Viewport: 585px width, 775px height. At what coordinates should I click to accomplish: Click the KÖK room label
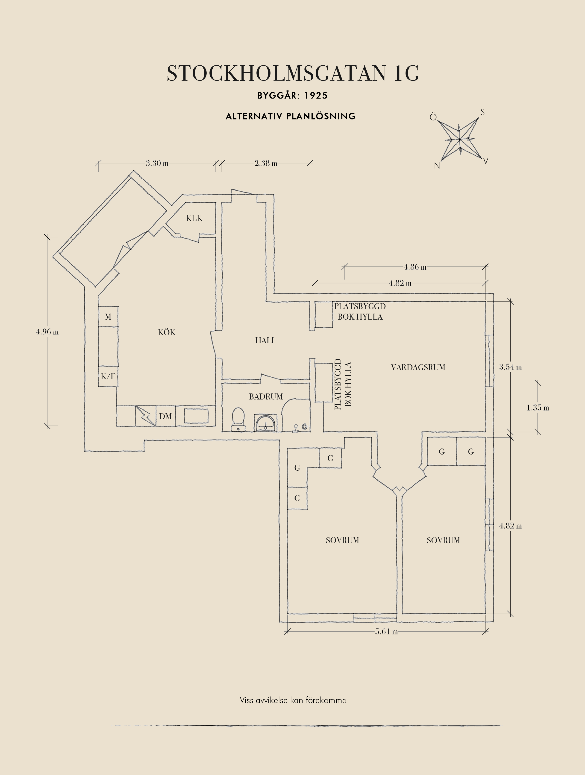coord(167,332)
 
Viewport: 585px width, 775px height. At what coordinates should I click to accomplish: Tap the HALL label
coord(266,340)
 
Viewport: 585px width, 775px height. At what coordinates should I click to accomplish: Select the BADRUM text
coord(266,397)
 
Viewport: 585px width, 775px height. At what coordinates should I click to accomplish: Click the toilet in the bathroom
coord(238,418)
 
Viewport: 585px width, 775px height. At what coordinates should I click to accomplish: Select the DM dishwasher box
coord(165,416)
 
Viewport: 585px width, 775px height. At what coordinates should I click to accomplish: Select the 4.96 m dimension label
coord(47,332)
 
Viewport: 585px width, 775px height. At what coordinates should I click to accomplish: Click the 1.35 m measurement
coord(538,408)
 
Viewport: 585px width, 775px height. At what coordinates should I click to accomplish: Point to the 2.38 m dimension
coord(266,163)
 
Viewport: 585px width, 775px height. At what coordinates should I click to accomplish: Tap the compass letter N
coord(437,166)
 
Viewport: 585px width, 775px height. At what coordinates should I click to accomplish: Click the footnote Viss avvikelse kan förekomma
coord(293,700)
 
